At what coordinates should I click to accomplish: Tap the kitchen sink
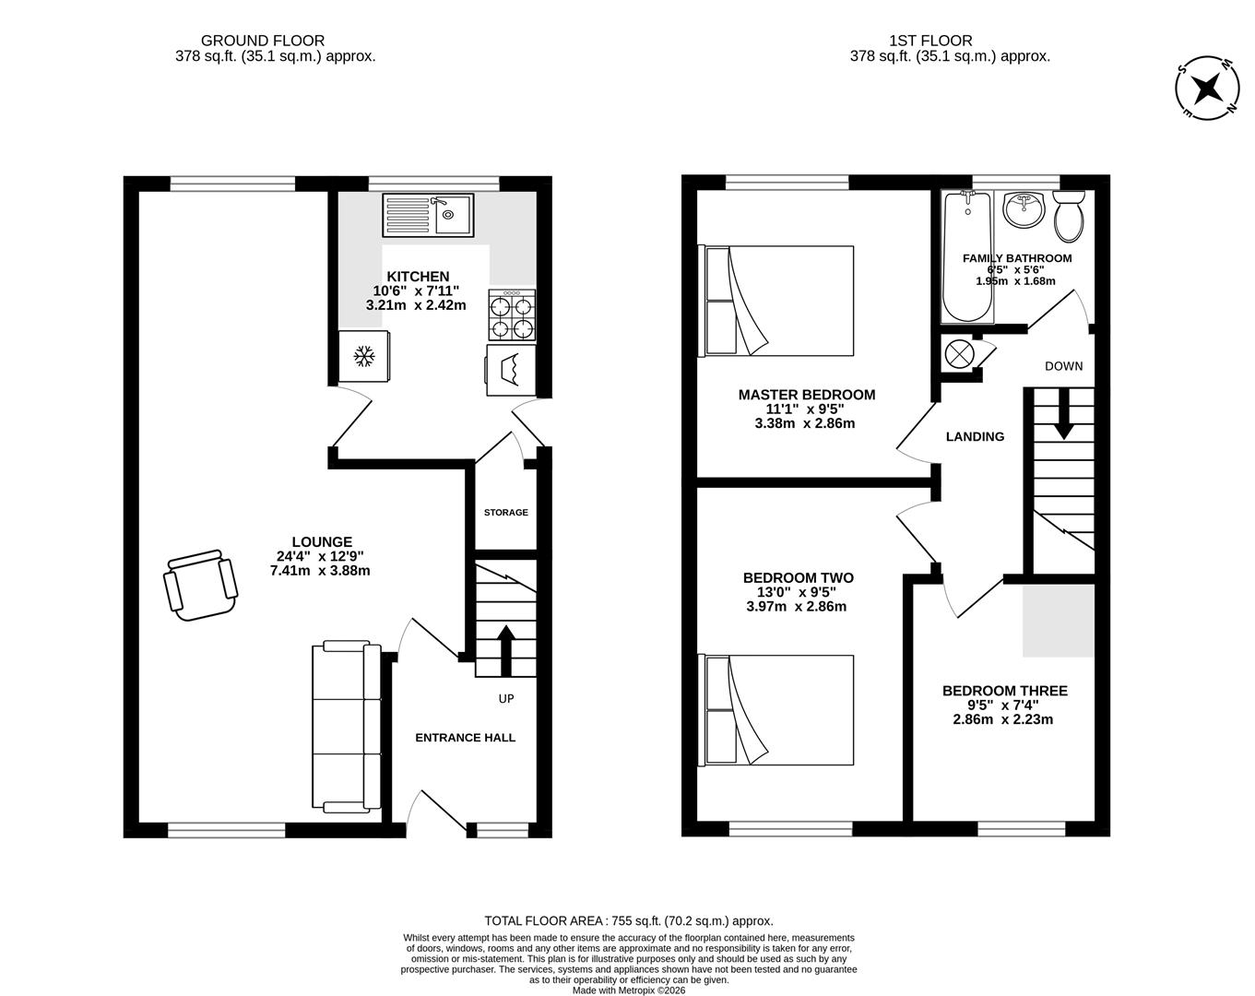[x=428, y=215]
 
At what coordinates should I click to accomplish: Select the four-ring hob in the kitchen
[x=512, y=315]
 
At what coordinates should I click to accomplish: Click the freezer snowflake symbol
[x=363, y=356]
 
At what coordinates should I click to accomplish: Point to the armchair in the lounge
[x=198, y=586]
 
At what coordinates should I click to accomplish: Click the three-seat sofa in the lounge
[x=347, y=728]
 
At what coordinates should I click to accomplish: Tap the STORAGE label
[x=506, y=513]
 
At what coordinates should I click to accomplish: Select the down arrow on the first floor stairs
[x=1063, y=414]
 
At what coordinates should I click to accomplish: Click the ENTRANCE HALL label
[x=465, y=738]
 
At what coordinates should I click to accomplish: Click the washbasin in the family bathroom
[x=1023, y=210]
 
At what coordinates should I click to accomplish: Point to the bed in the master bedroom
[x=779, y=300]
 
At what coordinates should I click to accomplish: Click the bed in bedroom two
[x=779, y=709]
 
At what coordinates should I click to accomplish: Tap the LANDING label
[x=975, y=437]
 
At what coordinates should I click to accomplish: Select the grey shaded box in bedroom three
[x=1059, y=620]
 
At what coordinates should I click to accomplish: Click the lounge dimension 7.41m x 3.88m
[x=320, y=571]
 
